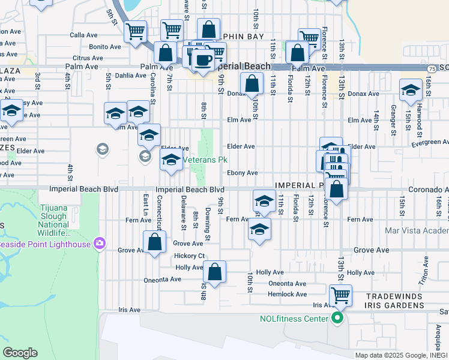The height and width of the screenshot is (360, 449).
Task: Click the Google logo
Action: pos(20,353)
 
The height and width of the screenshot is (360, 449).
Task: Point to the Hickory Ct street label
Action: pos(190,256)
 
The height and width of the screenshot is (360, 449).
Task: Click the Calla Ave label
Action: pos(84,35)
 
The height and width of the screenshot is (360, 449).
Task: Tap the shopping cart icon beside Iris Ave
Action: pos(340,295)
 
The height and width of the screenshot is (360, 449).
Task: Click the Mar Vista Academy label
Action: pos(418,230)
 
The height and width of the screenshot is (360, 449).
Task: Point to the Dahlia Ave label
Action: pos(131,76)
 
